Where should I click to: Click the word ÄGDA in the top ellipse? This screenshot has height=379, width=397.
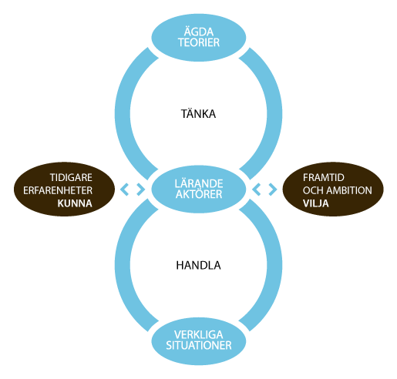point(199,32)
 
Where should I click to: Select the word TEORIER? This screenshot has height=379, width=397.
point(199,42)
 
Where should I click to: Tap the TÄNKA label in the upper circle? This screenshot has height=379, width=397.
point(198,114)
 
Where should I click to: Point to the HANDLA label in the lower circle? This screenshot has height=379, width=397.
point(198,265)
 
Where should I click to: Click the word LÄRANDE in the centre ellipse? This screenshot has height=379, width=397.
point(199,183)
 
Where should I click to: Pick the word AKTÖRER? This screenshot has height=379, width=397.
point(199,194)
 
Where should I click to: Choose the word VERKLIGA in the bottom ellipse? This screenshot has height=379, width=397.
point(198,334)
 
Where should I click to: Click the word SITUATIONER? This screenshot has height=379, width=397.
point(199,345)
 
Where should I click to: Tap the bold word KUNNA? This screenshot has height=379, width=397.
point(75,203)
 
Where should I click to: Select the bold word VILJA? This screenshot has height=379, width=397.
point(315,203)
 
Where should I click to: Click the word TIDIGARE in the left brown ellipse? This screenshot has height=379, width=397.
point(71,177)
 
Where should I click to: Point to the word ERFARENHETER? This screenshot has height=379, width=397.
point(58,190)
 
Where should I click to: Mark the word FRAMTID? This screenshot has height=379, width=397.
point(324,177)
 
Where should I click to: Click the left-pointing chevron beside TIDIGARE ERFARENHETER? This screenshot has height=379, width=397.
point(124,189)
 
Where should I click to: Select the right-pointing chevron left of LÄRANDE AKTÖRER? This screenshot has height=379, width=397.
point(140,189)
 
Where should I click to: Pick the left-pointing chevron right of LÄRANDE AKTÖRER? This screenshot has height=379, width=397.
point(257,189)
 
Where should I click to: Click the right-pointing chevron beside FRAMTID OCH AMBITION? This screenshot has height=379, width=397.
point(273,189)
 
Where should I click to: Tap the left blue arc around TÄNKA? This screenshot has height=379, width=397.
point(123,114)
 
